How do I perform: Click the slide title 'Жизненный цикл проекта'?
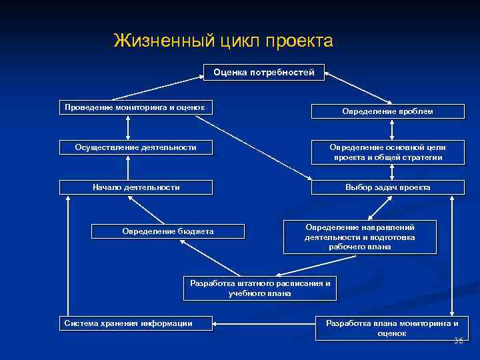[223, 41]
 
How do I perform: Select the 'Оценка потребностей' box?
[264, 72]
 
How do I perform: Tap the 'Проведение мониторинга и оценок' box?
[135, 107]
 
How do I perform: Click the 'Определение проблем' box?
[387, 111]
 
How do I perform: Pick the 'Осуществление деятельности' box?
[136, 147]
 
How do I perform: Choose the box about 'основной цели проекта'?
[387, 152]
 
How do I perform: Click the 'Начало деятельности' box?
[136, 187]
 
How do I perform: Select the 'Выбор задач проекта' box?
[387, 187]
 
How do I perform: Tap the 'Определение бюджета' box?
[168, 231]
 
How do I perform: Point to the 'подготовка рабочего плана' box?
[360, 237]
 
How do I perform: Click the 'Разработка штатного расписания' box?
[260, 288]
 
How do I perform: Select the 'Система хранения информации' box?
[136, 323]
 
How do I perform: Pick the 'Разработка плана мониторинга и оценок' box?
[391, 328]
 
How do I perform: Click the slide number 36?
[458, 341]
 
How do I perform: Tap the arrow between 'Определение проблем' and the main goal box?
[387, 130]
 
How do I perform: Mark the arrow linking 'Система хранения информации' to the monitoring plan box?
[264, 324]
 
